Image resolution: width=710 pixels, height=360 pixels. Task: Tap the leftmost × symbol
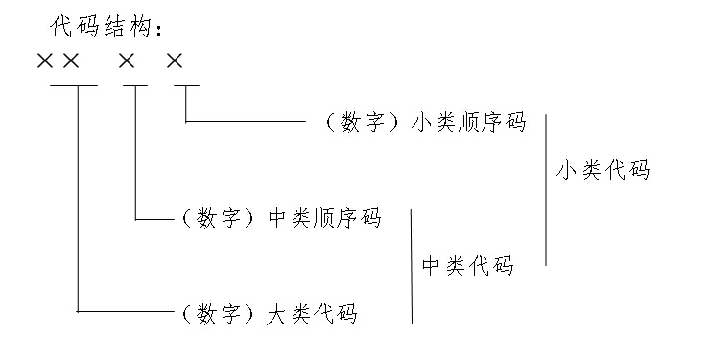[44, 61]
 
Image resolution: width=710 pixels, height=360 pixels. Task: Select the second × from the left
[70, 61]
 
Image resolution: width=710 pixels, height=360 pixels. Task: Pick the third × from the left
[128, 61]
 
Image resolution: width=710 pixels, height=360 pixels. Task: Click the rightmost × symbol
[174, 61]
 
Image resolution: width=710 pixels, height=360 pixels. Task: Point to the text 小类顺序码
[468, 123]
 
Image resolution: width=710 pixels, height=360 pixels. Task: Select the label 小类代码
[603, 171]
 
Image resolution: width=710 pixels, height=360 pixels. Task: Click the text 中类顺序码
[323, 220]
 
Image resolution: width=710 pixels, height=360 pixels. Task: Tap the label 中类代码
[467, 266]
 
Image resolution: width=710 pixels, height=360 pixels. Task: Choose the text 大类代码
[311, 313]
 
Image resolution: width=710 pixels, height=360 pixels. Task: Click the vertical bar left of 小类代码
[545, 189]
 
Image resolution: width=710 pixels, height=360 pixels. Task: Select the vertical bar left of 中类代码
[412, 266]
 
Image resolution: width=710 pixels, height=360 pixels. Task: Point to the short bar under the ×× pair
[74, 86]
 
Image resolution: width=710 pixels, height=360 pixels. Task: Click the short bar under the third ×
[135, 86]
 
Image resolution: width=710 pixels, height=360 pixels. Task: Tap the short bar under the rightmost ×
[185, 86]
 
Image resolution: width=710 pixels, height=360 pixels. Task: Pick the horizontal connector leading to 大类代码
[125, 311]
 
